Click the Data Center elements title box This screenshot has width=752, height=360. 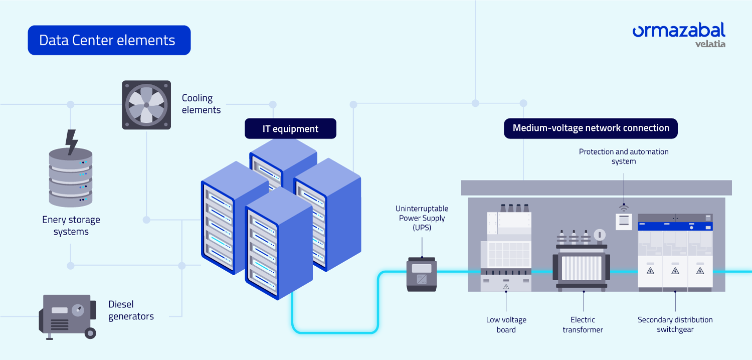click(109, 40)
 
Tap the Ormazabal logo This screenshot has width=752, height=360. click(678, 31)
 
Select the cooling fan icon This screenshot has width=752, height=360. click(146, 105)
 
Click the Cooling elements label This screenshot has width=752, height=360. click(201, 104)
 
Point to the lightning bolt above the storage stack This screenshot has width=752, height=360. click(72, 142)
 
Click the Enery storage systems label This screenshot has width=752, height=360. click(71, 226)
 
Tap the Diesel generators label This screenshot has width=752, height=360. click(131, 310)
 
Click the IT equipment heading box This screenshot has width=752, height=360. click(290, 129)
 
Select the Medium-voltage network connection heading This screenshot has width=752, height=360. click(591, 128)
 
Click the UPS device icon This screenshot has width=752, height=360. click(421, 274)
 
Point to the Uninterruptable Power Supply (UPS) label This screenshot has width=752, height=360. click(422, 218)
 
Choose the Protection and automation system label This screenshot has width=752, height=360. click(624, 156)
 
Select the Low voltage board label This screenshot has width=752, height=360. click(506, 324)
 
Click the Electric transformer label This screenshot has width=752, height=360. click(583, 324)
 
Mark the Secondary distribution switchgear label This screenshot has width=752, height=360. click(675, 324)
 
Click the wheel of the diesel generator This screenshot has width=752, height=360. click(90, 332)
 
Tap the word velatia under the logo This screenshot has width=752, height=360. click(710, 44)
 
